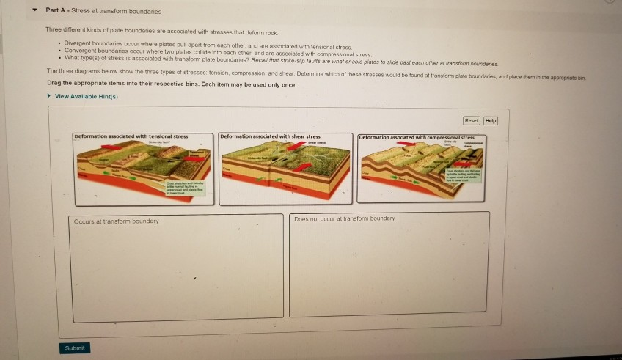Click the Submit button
click(74, 348)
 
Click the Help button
click(491, 120)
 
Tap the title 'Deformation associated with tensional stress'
click(131, 136)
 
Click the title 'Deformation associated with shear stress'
click(271, 136)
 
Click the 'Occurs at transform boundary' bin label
click(116, 221)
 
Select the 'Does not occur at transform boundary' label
click(344, 218)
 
